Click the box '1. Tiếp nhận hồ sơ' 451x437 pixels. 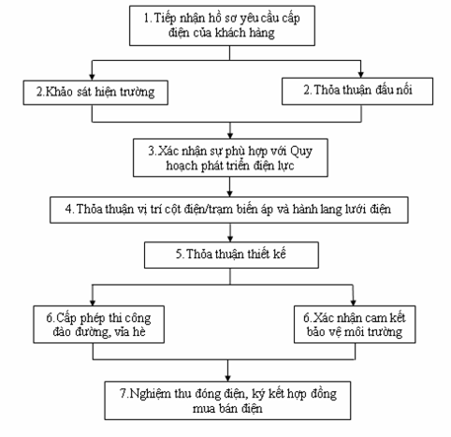pos(222,25)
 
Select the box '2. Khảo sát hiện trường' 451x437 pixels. pos(95,93)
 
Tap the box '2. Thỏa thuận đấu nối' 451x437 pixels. pos(357,91)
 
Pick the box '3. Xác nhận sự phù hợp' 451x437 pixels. pos(230,158)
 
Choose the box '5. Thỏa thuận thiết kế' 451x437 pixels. pos(231,255)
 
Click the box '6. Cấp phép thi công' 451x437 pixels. pos(99,325)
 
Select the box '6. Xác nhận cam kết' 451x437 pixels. pos(355,325)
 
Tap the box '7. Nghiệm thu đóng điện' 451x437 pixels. pos(227,401)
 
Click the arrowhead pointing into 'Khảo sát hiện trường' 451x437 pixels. pos(92,77)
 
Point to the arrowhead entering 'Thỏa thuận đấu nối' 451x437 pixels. pos(361,74)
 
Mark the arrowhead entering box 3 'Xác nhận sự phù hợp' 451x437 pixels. pos(230,136)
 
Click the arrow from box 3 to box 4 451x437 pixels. pos(230,187)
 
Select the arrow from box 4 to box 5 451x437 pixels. pos(230,232)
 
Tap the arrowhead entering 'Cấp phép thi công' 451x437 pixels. pos(93,302)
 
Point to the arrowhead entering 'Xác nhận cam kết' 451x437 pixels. pos(354,302)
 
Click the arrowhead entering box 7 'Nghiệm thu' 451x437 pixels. pos(227,378)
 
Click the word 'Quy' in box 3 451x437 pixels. pos(301,152)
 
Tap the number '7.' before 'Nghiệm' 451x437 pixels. pos(124,393)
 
